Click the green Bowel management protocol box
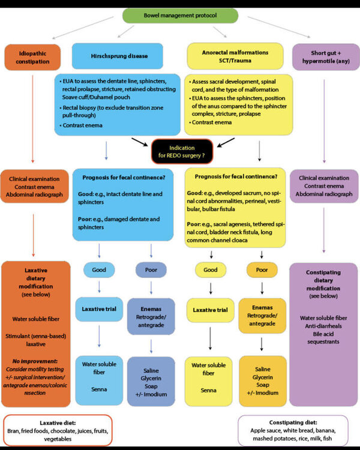click(180, 16)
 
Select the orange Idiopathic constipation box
click(32, 58)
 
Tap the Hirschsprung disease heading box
click(118, 56)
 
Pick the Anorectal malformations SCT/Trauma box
click(235, 56)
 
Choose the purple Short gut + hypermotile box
click(326, 57)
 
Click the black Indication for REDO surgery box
click(182, 152)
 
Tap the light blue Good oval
click(99, 270)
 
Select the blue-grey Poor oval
click(151, 270)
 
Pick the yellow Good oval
click(211, 270)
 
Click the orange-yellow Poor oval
click(262, 270)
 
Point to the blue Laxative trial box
click(99, 309)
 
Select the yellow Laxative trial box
click(211, 310)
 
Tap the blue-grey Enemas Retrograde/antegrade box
click(151, 317)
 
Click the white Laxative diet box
click(58, 430)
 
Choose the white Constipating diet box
click(293, 430)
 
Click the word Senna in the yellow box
click(208, 391)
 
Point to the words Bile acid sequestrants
click(323, 338)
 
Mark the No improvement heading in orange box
click(35, 361)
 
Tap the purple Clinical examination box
click(324, 186)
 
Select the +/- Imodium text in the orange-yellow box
click(263, 392)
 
